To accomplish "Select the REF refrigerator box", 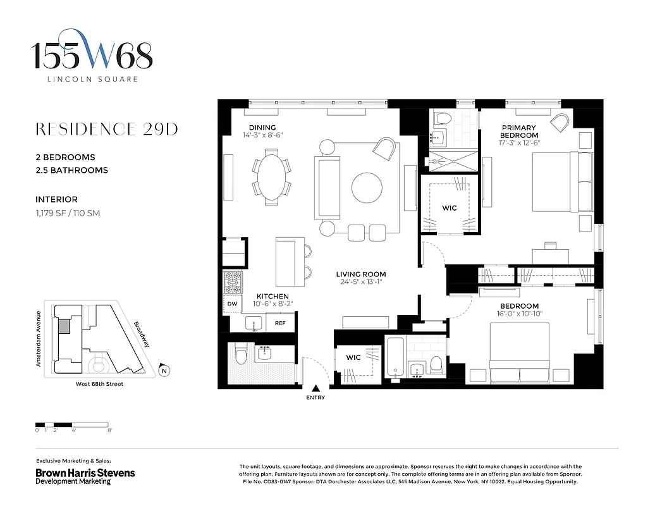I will point(280,323).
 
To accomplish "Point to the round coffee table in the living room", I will point(367,187).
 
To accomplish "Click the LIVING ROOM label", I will point(360,275).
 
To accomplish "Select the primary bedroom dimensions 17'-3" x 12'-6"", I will point(519,144).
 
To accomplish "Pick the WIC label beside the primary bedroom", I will point(450,208).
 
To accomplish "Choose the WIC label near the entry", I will point(353,357).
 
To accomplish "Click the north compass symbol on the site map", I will point(164,371).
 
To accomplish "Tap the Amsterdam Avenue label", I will point(39,338).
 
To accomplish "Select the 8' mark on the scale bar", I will point(109,431).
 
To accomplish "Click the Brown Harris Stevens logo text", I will point(85,472).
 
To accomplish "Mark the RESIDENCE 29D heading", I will point(106,129).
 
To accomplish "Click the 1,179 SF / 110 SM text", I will point(68,213).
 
